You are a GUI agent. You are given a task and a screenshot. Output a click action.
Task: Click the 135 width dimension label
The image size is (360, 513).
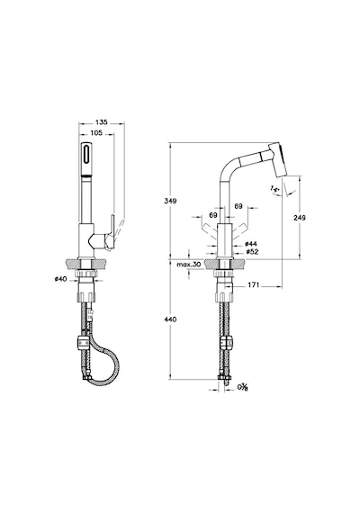102,122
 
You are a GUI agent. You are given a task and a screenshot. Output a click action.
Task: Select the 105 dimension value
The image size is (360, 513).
96,132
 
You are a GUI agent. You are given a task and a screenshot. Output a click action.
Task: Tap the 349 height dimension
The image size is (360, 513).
170,201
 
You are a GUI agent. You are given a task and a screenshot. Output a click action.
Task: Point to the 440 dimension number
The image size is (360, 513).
170,319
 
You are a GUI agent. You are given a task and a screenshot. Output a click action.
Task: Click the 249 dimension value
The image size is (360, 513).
300,217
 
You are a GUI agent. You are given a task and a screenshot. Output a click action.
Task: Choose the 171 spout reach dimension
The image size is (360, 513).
253,285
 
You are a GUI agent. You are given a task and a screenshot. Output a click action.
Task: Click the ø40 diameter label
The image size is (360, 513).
60,279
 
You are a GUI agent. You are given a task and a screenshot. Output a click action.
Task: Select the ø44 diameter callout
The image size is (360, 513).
251,244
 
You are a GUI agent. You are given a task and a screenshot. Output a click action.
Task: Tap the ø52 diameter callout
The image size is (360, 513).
252,252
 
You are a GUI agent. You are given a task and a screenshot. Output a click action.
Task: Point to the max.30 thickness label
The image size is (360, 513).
188,265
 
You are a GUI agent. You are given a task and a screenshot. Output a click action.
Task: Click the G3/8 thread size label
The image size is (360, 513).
242,387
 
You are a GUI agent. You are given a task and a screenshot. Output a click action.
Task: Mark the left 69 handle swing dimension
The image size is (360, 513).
213,215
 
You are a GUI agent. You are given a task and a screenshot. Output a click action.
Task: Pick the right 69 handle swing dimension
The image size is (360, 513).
238,206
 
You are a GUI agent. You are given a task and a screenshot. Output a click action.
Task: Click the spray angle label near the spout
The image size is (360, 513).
274,189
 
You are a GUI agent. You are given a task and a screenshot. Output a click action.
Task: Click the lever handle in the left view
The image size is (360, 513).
111,232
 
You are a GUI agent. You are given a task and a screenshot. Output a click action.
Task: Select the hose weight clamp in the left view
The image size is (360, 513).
83,342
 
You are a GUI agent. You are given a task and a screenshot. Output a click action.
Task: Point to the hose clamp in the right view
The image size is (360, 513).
226,343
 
